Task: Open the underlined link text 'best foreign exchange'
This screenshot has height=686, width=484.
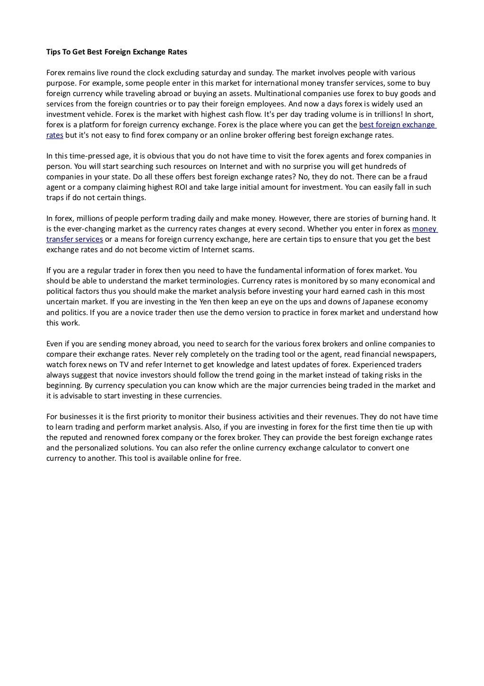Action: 397,125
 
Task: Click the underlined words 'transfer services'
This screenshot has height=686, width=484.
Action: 74,239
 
